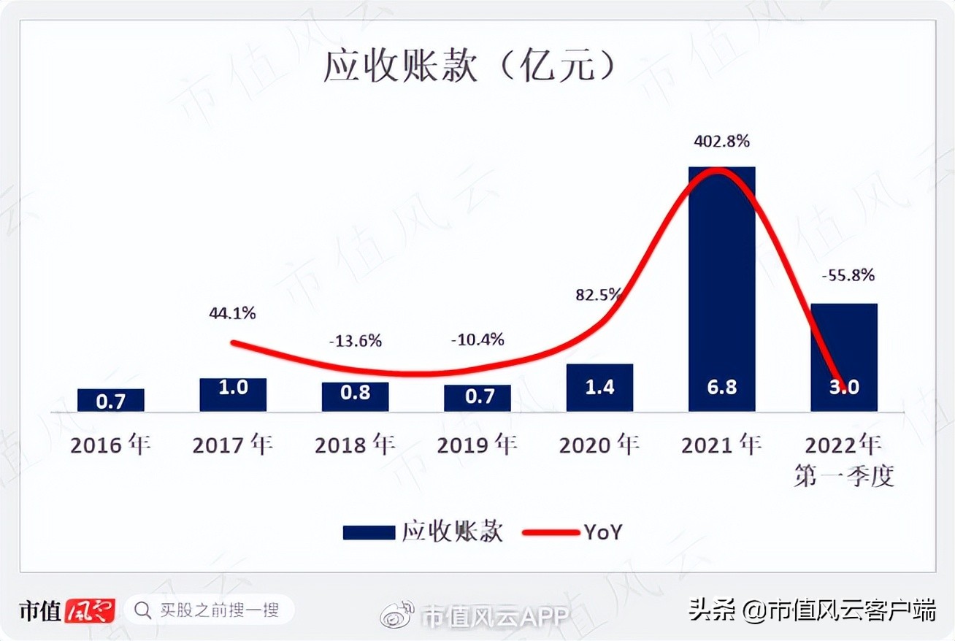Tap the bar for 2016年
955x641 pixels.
pos(110,400)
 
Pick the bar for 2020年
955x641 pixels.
pos(599,387)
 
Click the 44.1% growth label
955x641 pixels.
pos(232,313)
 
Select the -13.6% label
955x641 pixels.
pos(355,341)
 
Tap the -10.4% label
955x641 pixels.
pos(478,339)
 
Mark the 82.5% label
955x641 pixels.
pos(598,295)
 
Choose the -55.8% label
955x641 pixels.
pos(847,276)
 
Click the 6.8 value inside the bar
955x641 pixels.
pos(721,387)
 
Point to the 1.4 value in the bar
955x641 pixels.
pos(599,387)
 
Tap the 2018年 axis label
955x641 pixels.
pos(355,445)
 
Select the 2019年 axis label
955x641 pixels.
pos(478,445)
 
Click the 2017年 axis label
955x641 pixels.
pos(232,445)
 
